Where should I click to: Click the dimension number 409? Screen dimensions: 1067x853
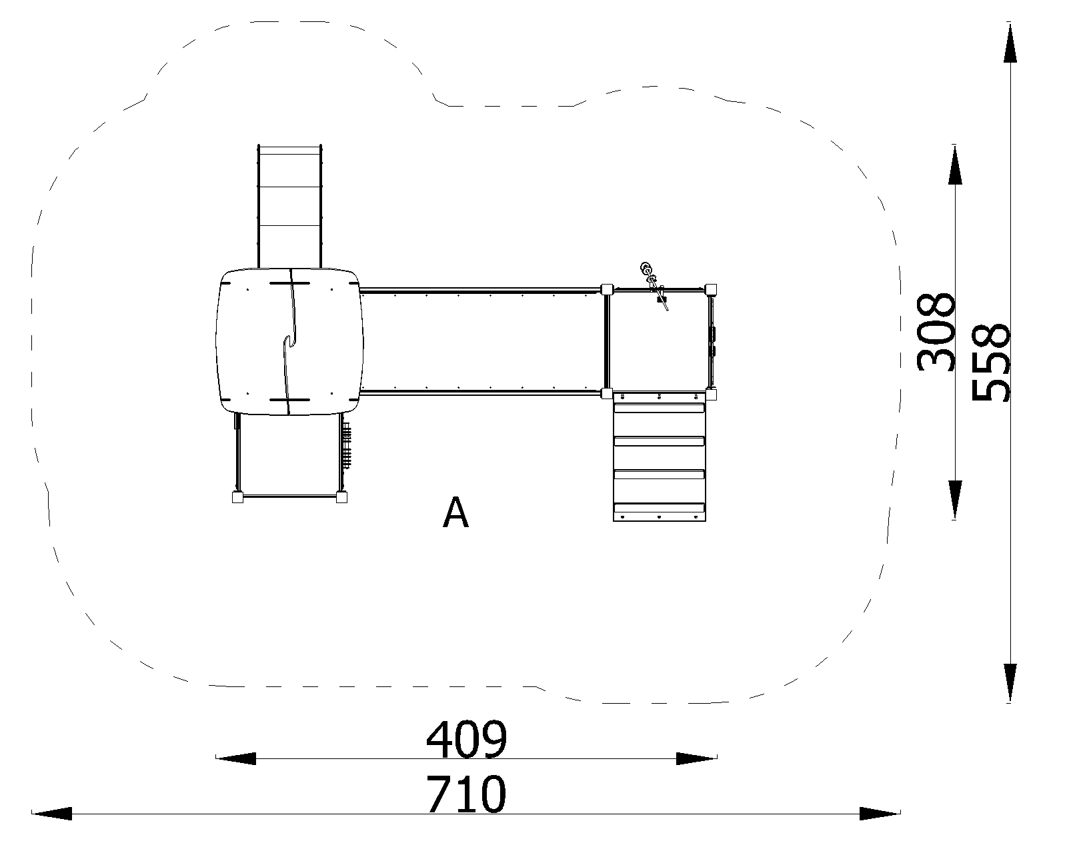(467, 740)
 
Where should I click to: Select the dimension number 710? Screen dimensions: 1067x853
(467, 794)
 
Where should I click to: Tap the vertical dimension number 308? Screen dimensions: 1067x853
(935, 332)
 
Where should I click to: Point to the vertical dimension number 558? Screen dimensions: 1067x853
(990, 363)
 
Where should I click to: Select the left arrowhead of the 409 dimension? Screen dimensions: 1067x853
(235, 758)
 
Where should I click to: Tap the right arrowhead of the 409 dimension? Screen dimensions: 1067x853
(697, 758)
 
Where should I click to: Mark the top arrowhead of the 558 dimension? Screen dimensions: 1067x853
(1010, 42)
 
